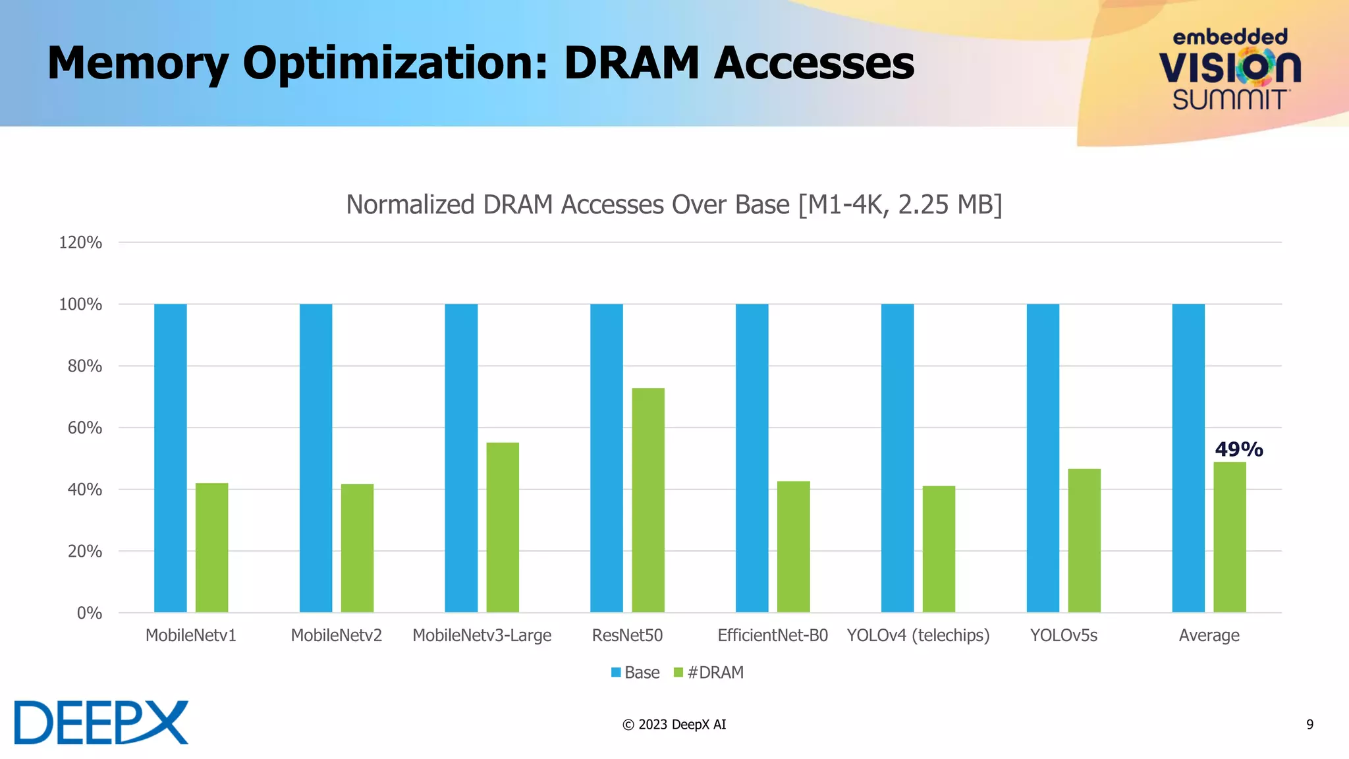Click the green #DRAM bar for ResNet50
[647, 500]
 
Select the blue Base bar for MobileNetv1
[170, 458]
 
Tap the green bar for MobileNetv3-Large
[502, 527]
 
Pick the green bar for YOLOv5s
[1084, 540]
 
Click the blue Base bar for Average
[1188, 458]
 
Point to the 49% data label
[1238, 449]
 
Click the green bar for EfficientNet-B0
[793, 546]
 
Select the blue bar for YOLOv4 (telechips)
[897, 458]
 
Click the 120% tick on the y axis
[80, 242]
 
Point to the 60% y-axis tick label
[84, 428]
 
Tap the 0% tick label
[89, 613]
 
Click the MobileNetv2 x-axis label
[336, 635]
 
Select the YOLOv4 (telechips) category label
[918, 635]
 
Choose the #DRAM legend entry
[709, 672]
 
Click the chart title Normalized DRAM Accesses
[674, 204]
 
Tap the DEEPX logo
[101, 723]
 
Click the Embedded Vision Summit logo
[1229, 70]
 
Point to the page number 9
[1309, 724]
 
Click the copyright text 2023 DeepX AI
[674, 724]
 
